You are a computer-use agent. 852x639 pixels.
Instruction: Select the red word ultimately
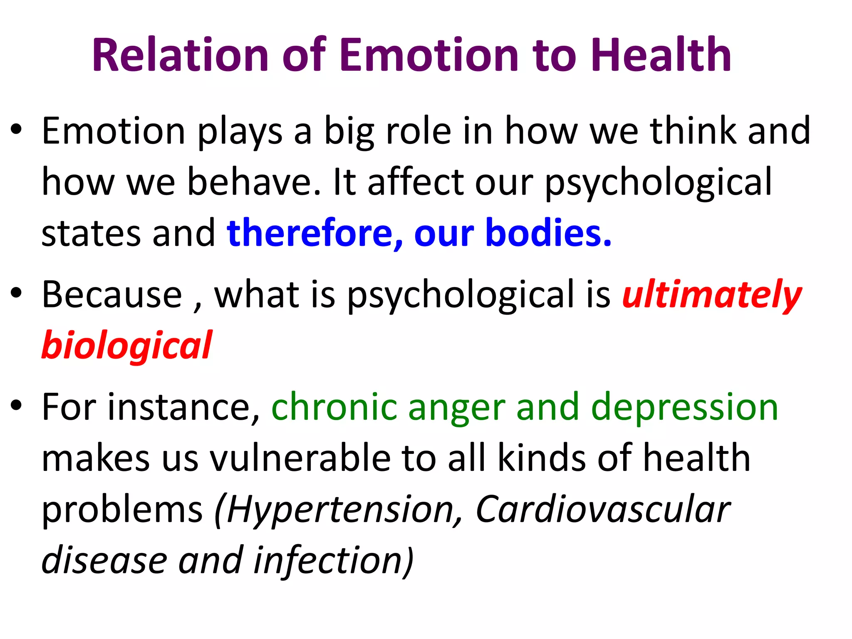pyautogui.click(x=711, y=295)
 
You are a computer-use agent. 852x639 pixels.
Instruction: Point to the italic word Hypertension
pyautogui.click(x=341, y=511)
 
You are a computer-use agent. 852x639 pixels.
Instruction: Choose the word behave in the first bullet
pyautogui.click(x=254, y=182)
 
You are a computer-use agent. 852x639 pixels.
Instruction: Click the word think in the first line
pyautogui.click(x=693, y=131)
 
